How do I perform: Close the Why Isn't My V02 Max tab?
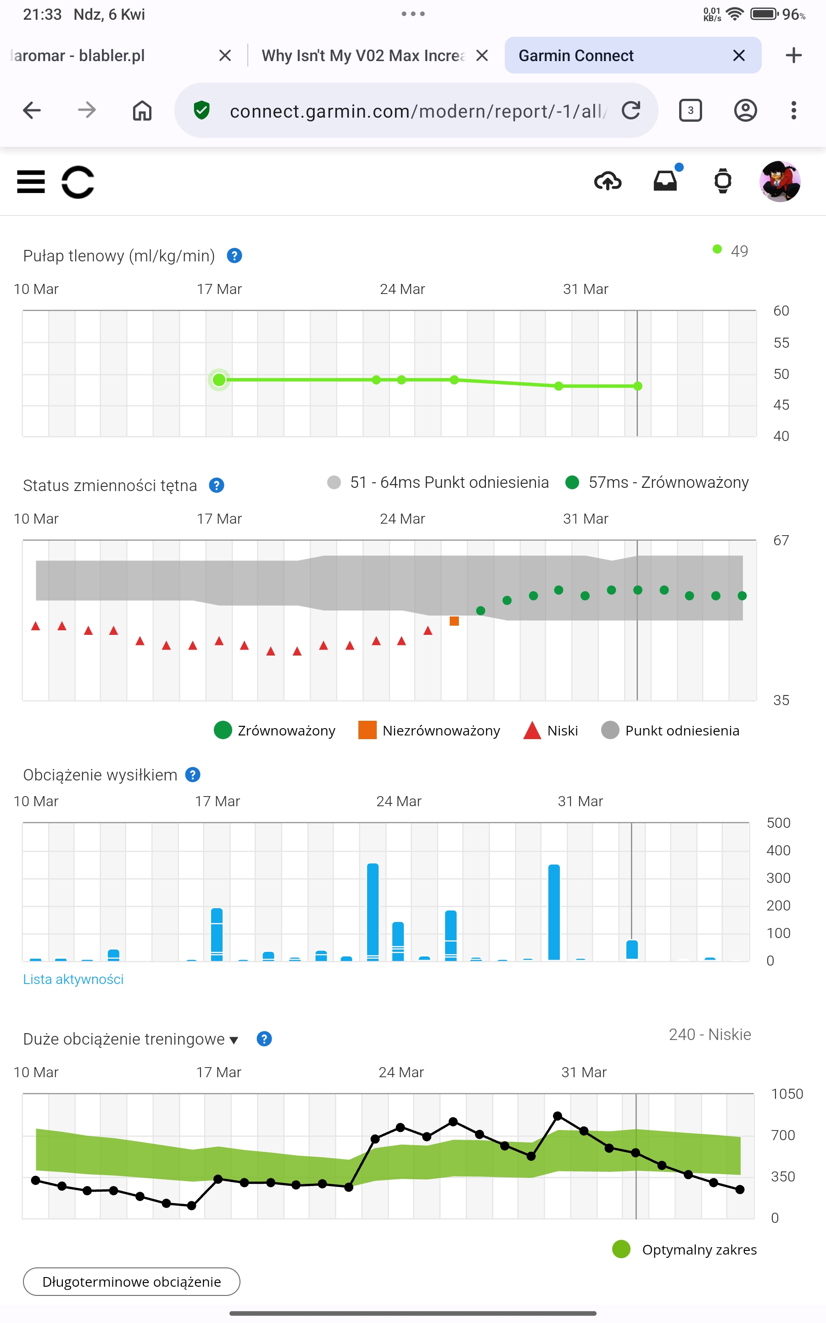[x=482, y=55]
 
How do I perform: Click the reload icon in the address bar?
[x=631, y=110]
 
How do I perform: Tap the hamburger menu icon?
[x=31, y=181]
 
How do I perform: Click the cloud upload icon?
[x=608, y=181]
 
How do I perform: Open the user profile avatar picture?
[x=780, y=181]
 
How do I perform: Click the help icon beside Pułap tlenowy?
[x=234, y=255]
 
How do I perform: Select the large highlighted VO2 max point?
[x=219, y=379]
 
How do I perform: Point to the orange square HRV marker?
[x=454, y=621]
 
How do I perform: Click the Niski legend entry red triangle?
[x=531, y=730]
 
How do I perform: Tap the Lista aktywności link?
[x=73, y=979]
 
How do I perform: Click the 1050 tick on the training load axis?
[x=787, y=1094]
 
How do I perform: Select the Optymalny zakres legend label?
[x=699, y=1250]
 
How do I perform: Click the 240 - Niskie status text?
[x=709, y=1035]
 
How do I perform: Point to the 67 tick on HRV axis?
[x=781, y=541]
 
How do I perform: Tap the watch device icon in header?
[x=723, y=181]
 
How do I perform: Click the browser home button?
[x=142, y=110]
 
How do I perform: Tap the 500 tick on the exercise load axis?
[x=778, y=823]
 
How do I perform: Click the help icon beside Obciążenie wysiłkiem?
[x=193, y=775]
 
